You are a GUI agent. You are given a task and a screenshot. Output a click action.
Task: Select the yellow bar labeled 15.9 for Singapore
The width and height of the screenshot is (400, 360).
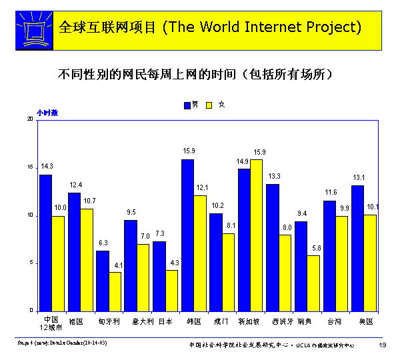point(256,235)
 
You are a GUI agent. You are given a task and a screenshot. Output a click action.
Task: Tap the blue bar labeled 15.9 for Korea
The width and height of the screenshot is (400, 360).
point(188,235)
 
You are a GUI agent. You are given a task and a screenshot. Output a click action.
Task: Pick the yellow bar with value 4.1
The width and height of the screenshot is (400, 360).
point(115,291)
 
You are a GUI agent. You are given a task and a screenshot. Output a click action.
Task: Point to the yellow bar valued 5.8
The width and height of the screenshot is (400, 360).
point(313,283)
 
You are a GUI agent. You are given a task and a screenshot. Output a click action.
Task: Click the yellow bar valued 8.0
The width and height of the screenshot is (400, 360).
point(285,272)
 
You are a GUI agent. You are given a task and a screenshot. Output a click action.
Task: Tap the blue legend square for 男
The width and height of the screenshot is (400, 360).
point(187,105)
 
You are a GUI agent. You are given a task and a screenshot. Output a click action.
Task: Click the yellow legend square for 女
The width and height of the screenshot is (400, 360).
point(209,105)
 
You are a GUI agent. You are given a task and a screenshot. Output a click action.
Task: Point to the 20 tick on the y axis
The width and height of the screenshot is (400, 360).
point(30,119)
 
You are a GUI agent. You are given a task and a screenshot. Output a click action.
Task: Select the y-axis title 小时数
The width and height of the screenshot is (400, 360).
point(47,113)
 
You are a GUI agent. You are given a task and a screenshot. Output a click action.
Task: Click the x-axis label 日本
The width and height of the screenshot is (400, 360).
point(165,321)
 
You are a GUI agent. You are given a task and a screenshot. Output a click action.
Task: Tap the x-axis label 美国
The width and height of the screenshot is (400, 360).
point(365,321)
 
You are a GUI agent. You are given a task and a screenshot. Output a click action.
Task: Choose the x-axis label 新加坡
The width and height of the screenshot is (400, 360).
point(250,321)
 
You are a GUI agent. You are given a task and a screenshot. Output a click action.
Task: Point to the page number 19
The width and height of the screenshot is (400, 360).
point(382,344)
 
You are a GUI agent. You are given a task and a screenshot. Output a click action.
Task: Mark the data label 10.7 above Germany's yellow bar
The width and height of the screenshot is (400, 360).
point(89,201)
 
